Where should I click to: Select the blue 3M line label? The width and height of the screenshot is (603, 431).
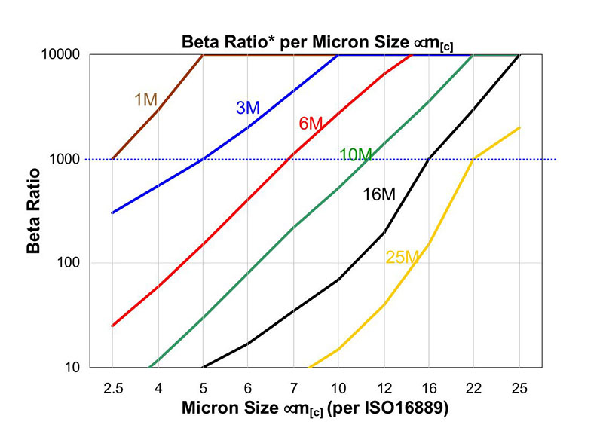click(247, 108)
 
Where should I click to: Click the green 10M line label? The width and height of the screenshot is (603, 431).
click(356, 155)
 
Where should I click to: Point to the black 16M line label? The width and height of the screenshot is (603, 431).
click(378, 194)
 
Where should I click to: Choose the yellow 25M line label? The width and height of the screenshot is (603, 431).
click(403, 257)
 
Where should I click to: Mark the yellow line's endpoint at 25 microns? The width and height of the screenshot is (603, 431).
click(519, 127)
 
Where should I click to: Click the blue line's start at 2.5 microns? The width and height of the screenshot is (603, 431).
click(112, 212)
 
